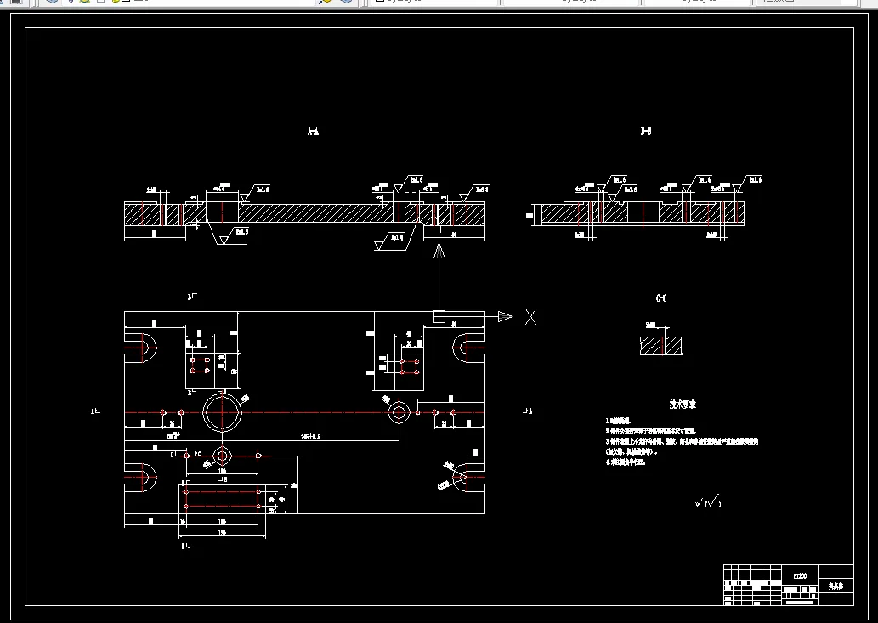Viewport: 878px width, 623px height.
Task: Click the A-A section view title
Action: (313, 132)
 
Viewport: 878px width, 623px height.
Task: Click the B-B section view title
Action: (646, 132)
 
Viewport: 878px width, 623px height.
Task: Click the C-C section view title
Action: (661, 298)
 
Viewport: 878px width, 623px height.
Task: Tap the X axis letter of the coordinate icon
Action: (530, 317)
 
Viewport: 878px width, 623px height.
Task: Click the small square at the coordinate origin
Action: (439, 317)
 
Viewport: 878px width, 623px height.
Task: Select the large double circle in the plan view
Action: (223, 413)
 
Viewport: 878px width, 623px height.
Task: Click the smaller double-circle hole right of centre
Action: (399, 413)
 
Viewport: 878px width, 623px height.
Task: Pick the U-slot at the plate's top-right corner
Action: (468, 346)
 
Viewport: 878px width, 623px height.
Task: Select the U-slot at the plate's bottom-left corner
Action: (142, 478)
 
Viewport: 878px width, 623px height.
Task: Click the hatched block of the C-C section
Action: (661, 345)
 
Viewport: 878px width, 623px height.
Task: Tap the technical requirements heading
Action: (682, 405)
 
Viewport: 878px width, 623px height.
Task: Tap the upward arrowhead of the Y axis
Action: (439, 251)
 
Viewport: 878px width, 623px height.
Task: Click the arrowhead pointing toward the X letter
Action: (505, 317)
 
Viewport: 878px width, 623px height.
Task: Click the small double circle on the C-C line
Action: (222, 455)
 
